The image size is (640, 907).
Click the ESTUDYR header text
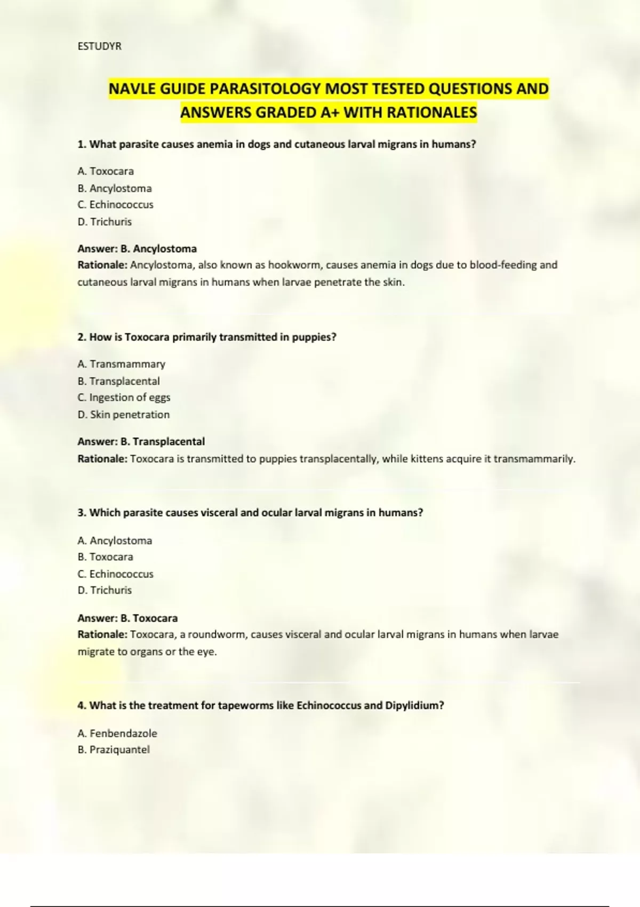(x=99, y=46)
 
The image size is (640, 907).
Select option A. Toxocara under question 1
(x=106, y=171)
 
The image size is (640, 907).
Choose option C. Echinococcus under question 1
(x=115, y=205)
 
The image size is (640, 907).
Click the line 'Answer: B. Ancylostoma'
(x=137, y=249)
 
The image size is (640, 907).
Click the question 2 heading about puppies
(x=207, y=337)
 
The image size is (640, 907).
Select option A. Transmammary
(x=121, y=364)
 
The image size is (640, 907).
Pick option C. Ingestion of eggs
(x=124, y=397)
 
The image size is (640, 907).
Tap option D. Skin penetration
(x=123, y=415)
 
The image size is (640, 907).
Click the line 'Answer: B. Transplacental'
(x=141, y=442)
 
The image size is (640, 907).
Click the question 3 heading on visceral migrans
(x=250, y=513)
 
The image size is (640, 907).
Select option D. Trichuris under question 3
(x=105, y=590)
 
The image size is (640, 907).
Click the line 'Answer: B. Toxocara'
(x=127, y=618)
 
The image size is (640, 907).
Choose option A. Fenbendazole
(x=117, y=734)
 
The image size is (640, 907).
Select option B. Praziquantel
(x=114, y=750)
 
